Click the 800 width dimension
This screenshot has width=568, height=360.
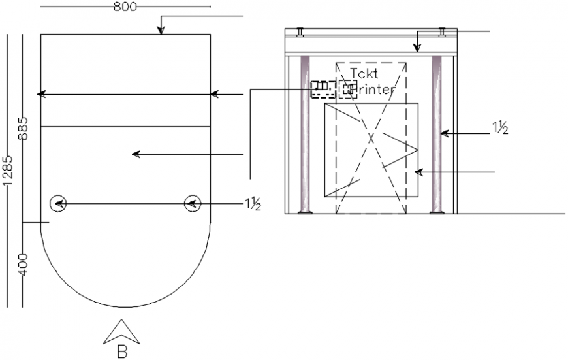(125, 7)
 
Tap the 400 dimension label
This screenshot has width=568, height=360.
(24, 264)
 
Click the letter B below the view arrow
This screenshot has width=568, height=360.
(122, 352)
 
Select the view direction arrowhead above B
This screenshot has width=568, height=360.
(122, 331)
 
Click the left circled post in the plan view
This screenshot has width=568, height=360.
(58, 204)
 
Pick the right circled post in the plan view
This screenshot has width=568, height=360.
(192, 204)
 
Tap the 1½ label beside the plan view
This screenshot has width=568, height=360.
(253, 205)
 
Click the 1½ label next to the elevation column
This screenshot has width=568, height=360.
(499, 128)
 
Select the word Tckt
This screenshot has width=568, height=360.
(364, 73)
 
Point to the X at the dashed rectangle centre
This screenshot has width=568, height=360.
(370, 138)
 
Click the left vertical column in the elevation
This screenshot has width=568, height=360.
(304, 134)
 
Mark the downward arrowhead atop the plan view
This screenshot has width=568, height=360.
(161, 30)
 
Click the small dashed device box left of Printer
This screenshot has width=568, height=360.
(322, 88)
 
